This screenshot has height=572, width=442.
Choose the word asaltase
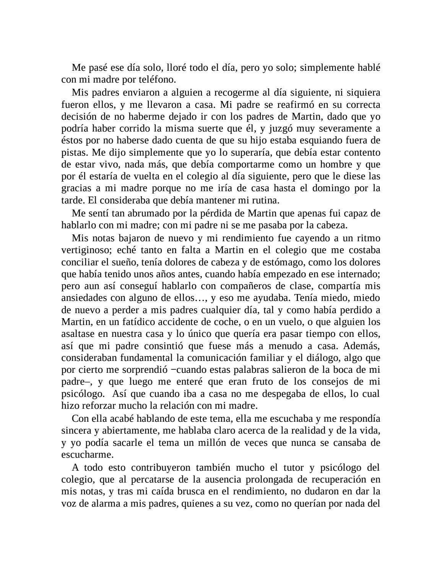tap(78, 334)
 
